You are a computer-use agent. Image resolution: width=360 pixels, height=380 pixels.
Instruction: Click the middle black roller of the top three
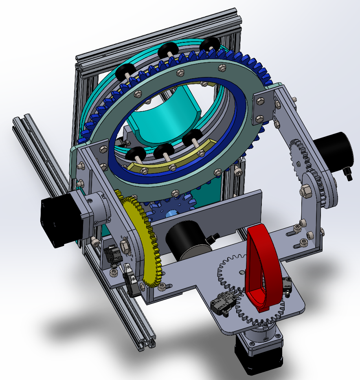click(x=167, y=51)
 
